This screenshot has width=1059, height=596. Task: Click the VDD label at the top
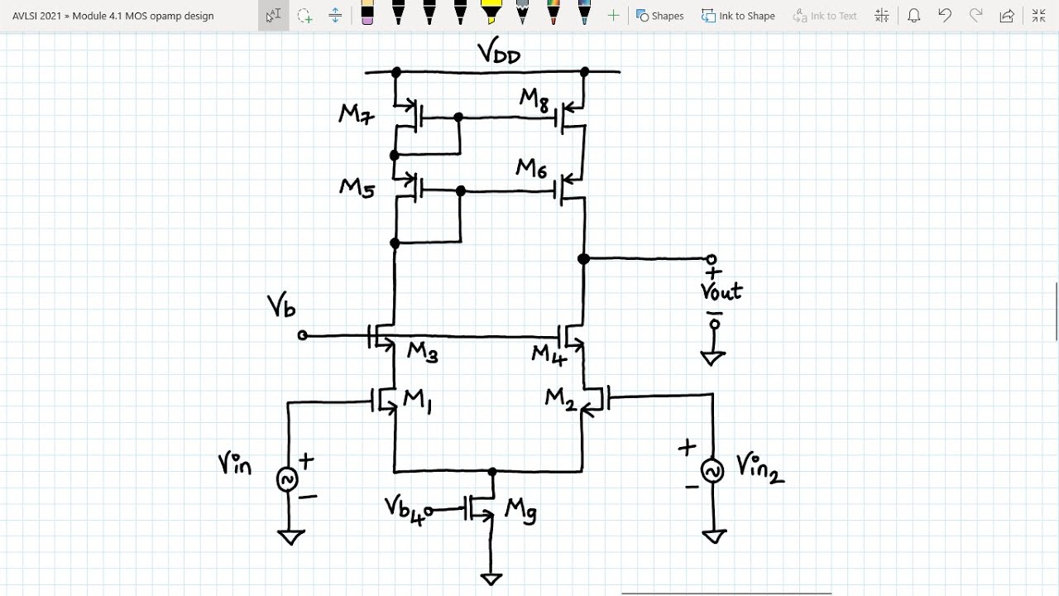tap(498, 54)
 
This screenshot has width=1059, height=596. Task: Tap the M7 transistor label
tap(357, 114)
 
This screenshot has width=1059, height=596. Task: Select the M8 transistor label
tap(534, 99)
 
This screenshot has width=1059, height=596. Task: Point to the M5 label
tap(357, 188)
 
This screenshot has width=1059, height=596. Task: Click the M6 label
tap(531, 169)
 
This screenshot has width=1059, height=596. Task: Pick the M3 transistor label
tap(421, 353)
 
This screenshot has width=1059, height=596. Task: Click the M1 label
tap(417, 401)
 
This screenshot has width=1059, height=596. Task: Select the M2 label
tap(560, 399)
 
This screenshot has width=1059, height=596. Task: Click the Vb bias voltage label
tap(281, 307)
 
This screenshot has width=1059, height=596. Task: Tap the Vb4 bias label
tap(407, 508)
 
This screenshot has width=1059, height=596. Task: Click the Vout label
tap(721, 291)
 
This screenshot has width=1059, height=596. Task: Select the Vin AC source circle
tap(287, 479)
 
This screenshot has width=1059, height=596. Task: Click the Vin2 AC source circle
tap(712, 470)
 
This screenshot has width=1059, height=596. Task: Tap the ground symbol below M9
tap(491, 579)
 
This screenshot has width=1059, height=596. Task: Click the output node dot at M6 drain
tap(583, 259)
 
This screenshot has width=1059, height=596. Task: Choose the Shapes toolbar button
tap(659, 16)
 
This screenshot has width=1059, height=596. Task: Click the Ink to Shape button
tap(738, 16)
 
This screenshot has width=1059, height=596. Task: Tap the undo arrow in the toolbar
tap(945, 16)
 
